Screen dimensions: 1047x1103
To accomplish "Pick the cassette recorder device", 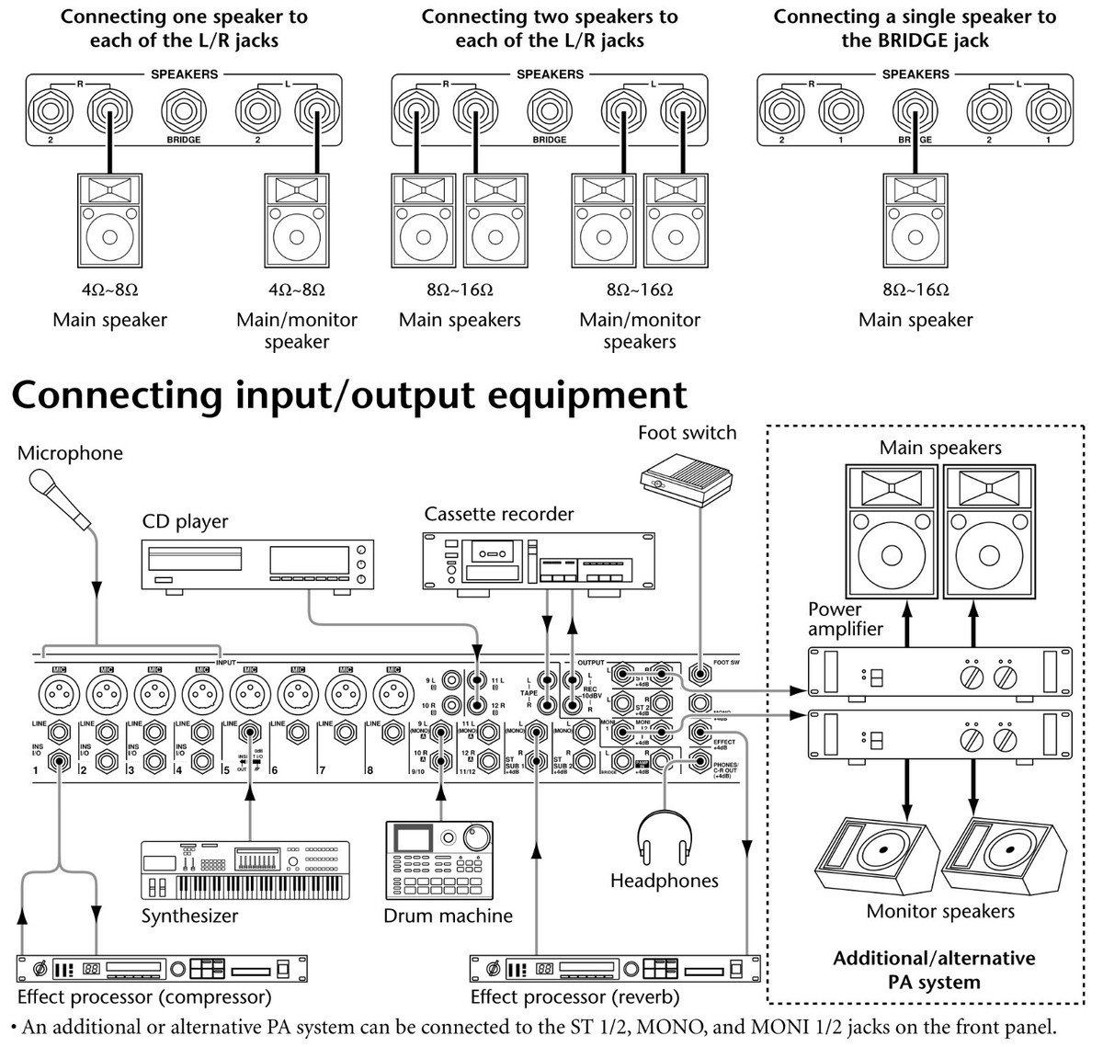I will click(539, 561).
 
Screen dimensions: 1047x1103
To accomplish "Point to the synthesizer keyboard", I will click(245, 869).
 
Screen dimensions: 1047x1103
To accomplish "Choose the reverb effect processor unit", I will click(615, 969).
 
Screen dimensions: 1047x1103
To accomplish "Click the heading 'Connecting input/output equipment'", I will click(349, 395).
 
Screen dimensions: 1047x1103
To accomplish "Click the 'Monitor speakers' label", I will click(940, 911).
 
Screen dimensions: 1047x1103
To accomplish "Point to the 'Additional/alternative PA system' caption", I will click(934, 969).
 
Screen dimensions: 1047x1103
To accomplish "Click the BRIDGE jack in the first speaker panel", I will click(183, 112).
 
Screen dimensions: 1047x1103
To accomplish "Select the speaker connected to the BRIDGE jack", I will click(915, 220).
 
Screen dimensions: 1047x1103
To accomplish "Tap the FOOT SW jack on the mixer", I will click(700, 674).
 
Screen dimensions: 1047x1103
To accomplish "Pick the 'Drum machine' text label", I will click(448, 916).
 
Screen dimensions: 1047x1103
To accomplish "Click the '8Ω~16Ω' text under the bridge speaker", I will click(915, 290).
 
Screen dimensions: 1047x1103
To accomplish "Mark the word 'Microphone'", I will click(70, 453).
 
